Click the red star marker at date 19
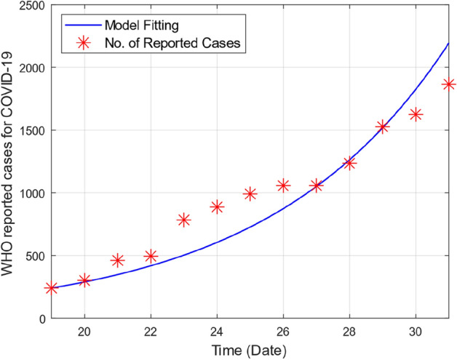(x=51, y=288)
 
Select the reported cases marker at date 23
(x=183, y=220)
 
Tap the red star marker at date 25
(x=250, y=193)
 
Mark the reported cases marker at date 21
(x=117, y=260)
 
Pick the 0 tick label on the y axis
(x=41, y=319)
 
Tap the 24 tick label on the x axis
(x=217, y=331)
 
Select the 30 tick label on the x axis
(x=416, y=331)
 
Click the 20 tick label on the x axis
(x=84, y=331)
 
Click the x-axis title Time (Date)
(x=250, y=350)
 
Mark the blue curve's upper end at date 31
(x=448, y=44)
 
